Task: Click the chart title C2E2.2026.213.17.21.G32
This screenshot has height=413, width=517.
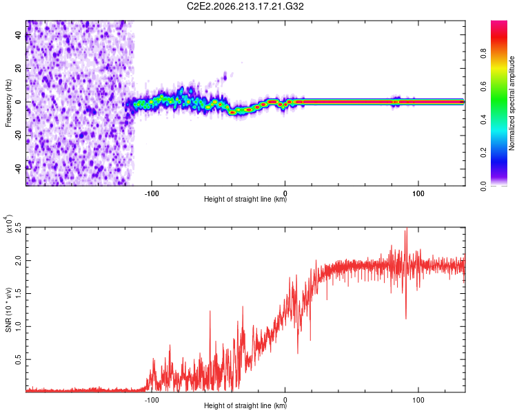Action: (245, 6)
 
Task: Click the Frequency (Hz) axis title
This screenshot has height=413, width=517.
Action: (8, 103)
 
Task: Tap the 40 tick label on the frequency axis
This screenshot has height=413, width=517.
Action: (19, 34)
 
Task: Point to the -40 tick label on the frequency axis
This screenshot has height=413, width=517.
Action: (19, 169)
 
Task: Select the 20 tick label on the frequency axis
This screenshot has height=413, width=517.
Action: (19, 68)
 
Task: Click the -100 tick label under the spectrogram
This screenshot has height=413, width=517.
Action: (152, 193)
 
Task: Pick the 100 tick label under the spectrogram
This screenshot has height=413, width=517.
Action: (418, 193)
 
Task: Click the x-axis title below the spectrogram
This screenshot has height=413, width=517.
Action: (245, 199)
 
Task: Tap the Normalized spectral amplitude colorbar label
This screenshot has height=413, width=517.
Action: (511, 103)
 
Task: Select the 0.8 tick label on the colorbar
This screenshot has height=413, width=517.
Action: (483, 54)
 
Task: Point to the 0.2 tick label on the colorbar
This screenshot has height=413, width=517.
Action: (483, 153)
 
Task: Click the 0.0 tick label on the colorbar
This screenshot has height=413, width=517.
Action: (483, 186)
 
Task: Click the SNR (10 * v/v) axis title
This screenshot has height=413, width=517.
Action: (8, 310)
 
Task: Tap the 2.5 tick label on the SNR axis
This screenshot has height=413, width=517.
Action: (19, 227)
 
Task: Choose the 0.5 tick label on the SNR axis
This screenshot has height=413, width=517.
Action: (19, 359)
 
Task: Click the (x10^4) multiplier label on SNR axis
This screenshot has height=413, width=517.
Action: (8, 224)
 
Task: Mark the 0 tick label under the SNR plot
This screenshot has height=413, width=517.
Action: (285, 400)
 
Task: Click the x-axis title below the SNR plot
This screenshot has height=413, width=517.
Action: (245, 405)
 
